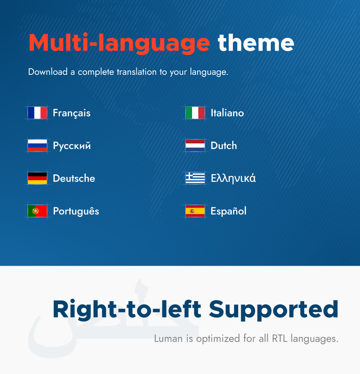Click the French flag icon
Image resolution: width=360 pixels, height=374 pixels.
pyautogui.click(x=37, y=113)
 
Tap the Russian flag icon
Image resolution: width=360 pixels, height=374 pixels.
pyautogui.click(x=37, y=146)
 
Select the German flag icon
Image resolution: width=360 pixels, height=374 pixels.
pyautogui.click(x=37, y=178)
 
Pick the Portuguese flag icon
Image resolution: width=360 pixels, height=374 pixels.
pyautogui.click(x=37, y=211)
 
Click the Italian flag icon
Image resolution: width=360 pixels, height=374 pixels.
pyautogui.click(x=195, y=113)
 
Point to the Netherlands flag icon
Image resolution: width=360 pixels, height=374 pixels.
pyautogui.click(x=195, y=146)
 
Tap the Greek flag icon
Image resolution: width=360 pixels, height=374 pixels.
pyautogui.click(x=195, y=178)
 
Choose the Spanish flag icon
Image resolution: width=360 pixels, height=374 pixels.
pyautogui.click(x=195, y=211)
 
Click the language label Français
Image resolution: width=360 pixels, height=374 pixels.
pyautogui.click(x=72, y=113)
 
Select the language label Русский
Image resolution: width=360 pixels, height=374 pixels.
pyautogui.click(x=72, y=146)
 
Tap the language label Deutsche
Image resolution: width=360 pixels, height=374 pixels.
pyautogui.click(x=74, y=178)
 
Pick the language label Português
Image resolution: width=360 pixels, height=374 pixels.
pyautogui.click(x=76, y=212)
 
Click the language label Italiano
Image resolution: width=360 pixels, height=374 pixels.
pyautogui.click(x=227, y=113)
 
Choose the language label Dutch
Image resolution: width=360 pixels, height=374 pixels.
pyautogui.click(x=224, y=146)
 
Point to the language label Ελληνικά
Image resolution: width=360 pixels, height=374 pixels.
pyautogui.click(x=233, y=179)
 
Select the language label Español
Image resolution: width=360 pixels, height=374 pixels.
pyautogui.click(x=228, y=212)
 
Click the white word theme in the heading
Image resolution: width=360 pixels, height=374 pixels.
pyautogui.click(x=256, y=43)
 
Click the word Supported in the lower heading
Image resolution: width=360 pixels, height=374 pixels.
pyautogui.click(x=274, y=310)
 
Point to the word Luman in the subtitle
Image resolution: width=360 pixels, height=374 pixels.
pyautogui.click(x=168, y=339)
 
